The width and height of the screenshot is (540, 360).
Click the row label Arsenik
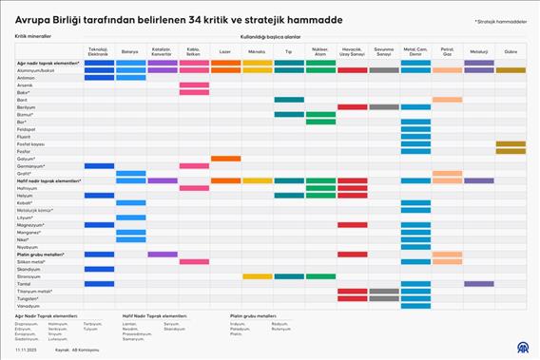(26, 85)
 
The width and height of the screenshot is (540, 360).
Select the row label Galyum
(26, 159)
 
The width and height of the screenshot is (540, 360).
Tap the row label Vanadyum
(29, 306)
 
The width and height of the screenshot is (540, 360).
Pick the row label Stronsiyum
(29, 276)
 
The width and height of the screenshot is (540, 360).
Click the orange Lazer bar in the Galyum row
(225, 159)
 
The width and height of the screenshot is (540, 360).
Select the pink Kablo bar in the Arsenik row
(194, 85)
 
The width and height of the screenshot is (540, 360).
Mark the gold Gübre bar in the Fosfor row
(511, 151)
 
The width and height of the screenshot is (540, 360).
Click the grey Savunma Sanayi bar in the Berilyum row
(383, 107)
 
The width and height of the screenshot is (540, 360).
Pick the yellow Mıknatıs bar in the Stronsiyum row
(257, 276)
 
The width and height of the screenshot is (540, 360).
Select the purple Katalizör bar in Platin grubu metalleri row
(162, 255)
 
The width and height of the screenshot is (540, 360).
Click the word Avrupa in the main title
(34, 19)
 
